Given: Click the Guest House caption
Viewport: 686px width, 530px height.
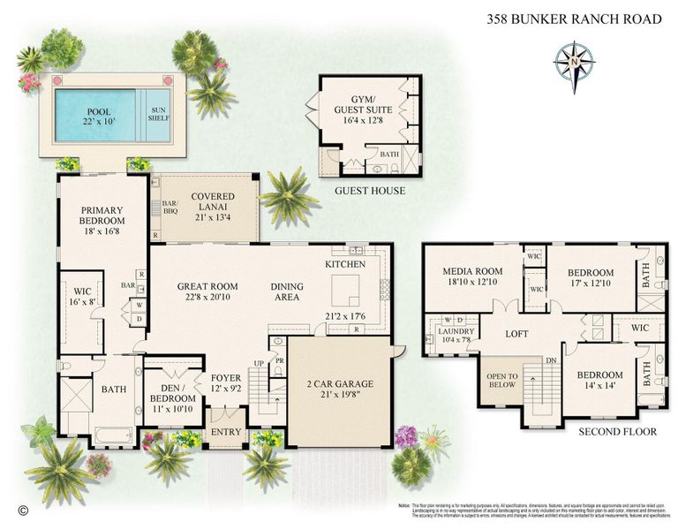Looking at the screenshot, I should pos(370,190).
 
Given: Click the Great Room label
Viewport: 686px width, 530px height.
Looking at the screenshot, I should pos(207,291).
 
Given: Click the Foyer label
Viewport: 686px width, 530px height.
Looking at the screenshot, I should pos(226,382).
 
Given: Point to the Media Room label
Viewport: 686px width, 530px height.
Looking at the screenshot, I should pos(472,276).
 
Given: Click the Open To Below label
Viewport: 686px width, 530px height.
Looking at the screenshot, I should pos(501,381).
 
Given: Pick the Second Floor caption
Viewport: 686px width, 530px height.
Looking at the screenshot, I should pos(618,432).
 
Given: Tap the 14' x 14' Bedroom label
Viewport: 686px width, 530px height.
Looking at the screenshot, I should pos(601,380).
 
